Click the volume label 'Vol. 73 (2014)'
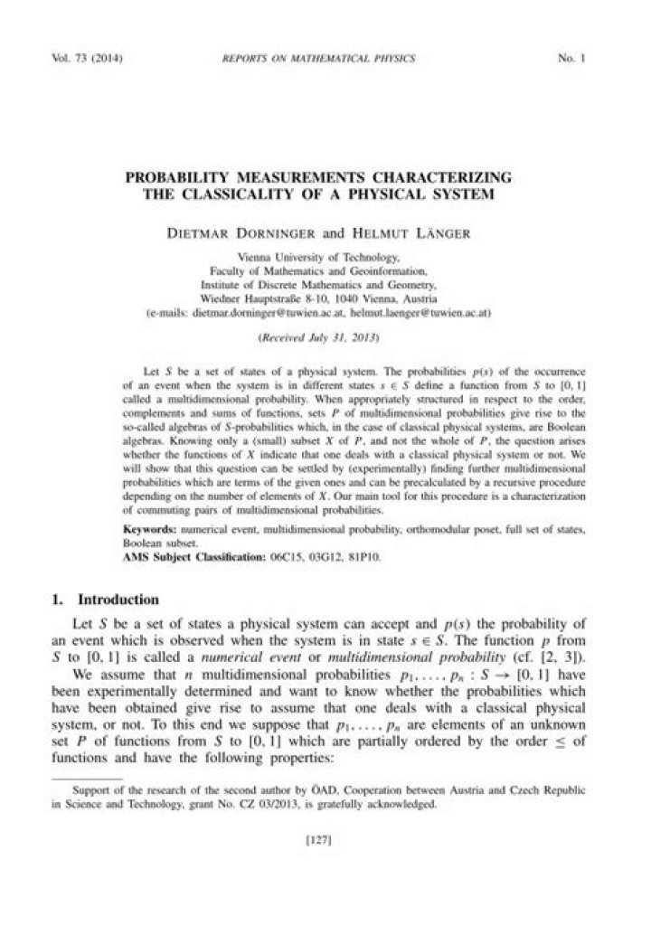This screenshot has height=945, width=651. pos(89,60)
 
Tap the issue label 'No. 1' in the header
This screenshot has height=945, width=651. pos(573,60)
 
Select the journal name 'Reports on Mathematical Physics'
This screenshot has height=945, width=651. pos(318,60)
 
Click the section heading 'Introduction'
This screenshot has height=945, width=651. pos(118,600)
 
